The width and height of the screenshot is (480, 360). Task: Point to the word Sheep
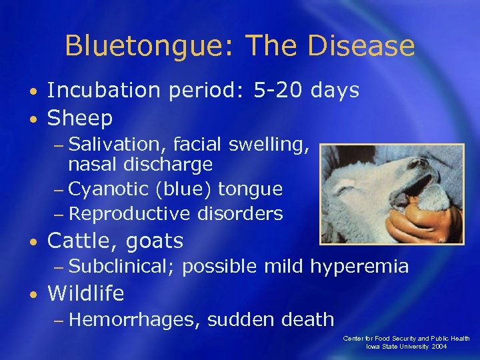[x=80, y=119]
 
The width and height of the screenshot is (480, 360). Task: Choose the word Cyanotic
[x=109, y=189]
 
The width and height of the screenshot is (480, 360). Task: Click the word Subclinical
[x=121, y=267]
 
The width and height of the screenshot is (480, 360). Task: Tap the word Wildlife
[x=86, y=293]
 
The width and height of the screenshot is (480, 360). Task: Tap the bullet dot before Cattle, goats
[x=33, y=241]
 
